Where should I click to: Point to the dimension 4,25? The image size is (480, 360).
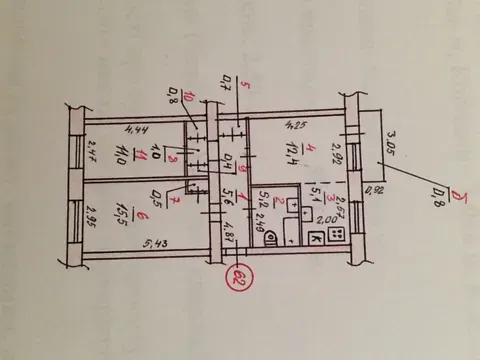pyautogui.click(x=295, y=126)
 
